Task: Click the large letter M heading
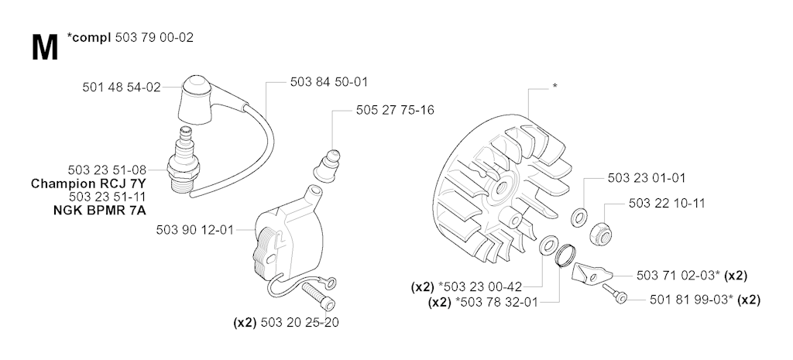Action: [x=44, y=49]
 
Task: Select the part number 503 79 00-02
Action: [x=154, y=37]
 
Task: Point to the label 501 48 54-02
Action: [x=122, y=87]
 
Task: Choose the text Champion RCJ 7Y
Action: [x=88, y=183]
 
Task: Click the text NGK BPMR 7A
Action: [x=100, y=210]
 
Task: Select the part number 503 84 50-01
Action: [x=329, y=81]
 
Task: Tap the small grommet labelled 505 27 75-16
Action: [x=327, y=164]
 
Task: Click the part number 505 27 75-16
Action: [x=395, y=110]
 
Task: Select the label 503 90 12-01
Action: [x=195, y=230]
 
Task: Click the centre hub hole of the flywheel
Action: [x=503, y=188]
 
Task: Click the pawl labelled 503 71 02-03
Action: [x=591, y=273]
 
